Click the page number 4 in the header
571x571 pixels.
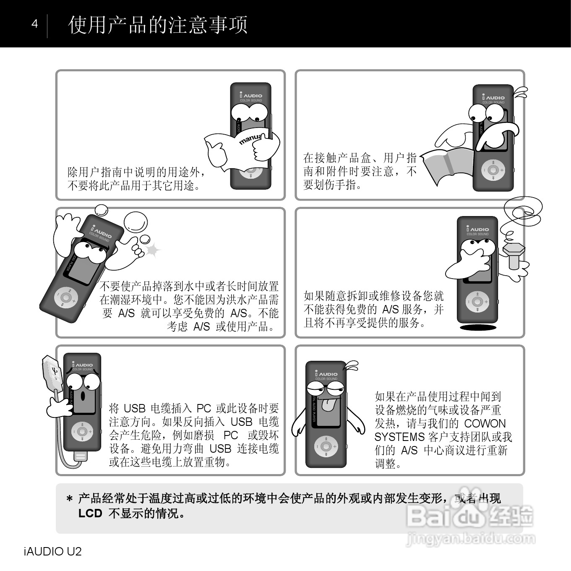click(35, 24)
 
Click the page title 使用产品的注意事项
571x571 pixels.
click(158, 25)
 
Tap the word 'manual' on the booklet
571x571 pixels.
click(251, 139)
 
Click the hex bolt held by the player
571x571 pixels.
click(514, 255)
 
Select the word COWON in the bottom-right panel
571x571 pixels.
click(485, 423)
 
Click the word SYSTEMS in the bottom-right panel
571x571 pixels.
click(400, 437)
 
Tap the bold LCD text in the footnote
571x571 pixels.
click(90, 513)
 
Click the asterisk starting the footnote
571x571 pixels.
click(70, 499)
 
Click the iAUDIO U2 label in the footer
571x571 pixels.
click(53, 551)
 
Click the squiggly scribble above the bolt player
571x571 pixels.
click(521, 215)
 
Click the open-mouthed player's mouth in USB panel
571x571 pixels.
click(83, 396)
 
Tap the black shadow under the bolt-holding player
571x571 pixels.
click(478, 327)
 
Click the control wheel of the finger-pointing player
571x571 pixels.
click(493, 170)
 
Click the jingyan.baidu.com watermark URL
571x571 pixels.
click(471, 539)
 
